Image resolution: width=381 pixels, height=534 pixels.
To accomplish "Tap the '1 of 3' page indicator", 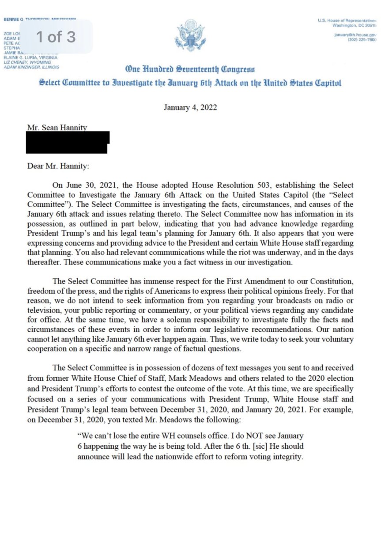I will (x=56, y=37).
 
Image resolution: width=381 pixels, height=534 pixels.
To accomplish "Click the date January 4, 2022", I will (x=190, y=107).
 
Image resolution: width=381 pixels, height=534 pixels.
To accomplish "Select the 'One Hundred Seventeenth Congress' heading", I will (x=190, y=69).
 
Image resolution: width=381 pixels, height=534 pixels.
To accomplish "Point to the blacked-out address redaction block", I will (x=67, y=142).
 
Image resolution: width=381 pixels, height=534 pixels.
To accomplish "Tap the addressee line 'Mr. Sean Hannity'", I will (x=57, y=128).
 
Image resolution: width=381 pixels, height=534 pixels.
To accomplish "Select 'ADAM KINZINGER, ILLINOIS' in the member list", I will (x=31, y=67).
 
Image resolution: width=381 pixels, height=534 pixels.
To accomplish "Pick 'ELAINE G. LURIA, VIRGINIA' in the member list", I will (x=31, y=57).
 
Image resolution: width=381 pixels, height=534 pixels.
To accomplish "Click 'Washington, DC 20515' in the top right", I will (x=354, y=26).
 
